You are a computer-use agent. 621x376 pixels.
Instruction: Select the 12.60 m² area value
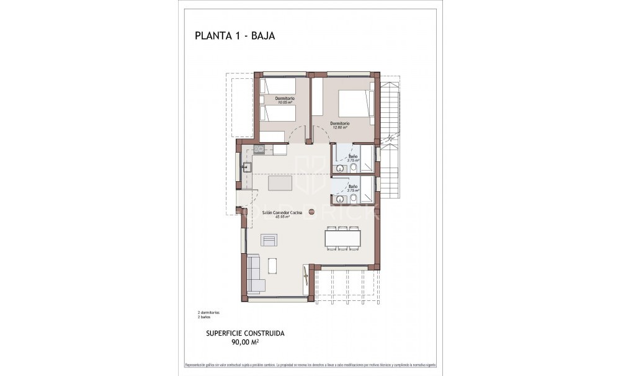[340, 127]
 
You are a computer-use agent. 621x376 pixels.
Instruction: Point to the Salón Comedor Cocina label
[282, 212]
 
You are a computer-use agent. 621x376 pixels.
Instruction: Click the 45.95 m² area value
[282, 217]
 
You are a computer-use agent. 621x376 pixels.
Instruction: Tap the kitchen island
[281, 184]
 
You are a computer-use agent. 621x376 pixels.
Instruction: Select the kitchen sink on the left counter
[246, 166]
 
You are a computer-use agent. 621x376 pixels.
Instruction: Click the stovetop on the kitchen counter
[259, 149]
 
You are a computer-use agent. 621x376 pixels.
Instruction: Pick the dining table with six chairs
[342, 238]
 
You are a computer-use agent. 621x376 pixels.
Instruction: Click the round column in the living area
[311, 212]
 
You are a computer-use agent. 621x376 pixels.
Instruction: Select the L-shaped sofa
[254, 274]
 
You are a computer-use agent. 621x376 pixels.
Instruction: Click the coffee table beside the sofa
[273, 266]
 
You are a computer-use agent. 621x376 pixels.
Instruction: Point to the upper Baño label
[353, 156]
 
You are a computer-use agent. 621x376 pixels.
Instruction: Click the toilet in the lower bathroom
[353, 199]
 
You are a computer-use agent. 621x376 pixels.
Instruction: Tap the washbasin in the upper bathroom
[339, 168]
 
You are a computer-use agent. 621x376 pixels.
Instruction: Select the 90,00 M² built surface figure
[245, 342]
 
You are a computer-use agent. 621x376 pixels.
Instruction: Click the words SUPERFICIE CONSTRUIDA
[245, 333]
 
